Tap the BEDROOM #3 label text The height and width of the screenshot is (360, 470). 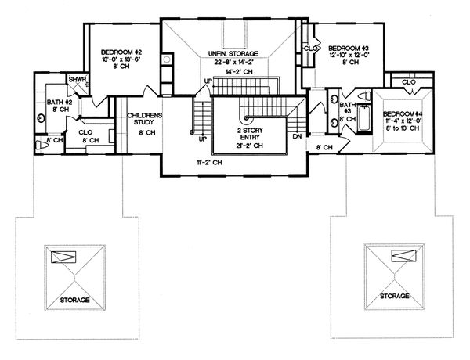click(345, 47)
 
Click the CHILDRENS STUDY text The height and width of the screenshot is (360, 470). click(144, 119)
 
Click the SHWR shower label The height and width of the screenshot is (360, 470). click(77, 80)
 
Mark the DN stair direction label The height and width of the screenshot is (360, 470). click(295, 135)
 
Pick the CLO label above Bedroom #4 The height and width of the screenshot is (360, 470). click(408, 81)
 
